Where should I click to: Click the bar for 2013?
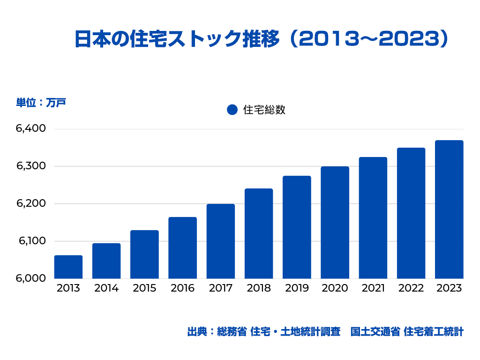(x=68, y=267)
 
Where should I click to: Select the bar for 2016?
(x=183, y=248)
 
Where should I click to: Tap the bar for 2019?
(x=297, y=227)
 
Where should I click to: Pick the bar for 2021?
(x=373, y=218)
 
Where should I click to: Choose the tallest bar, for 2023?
(x=449, y=210)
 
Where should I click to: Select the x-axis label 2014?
(x=106, y=288)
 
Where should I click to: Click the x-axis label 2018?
(x=258, y=288)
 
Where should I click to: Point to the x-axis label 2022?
(x=411, y=288)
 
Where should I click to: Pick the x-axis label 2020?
(x=335, y=288)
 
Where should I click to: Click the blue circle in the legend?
(x=232, y=110)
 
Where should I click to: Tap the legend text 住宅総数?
(x=264, y=110)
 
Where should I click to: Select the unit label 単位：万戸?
(x=41, y=102)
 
